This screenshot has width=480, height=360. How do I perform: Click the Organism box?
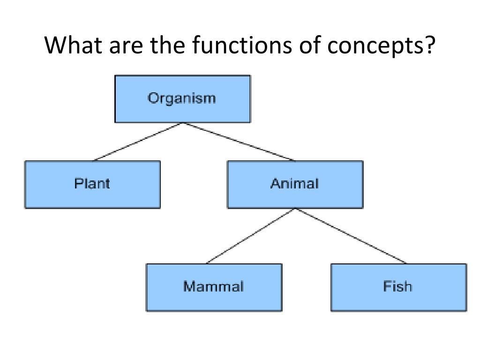point(182,110)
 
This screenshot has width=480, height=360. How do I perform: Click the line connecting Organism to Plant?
point(139,142)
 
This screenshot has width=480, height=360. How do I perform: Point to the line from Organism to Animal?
point(239,142)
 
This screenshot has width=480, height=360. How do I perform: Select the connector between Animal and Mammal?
point(251,236)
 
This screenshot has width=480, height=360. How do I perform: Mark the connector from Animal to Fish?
point(352,236)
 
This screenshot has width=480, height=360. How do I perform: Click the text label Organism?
point(182,98)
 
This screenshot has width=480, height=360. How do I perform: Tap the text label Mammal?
point(214,286)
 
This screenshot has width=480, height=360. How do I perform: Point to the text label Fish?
point(398,286)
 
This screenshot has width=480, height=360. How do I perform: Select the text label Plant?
point(92,183)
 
